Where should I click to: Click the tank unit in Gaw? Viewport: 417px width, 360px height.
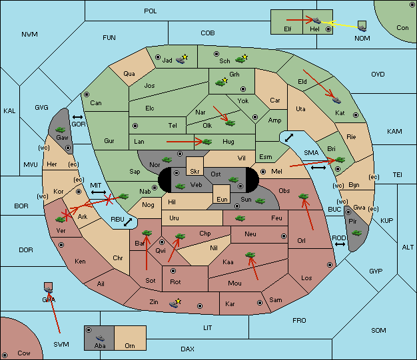61,130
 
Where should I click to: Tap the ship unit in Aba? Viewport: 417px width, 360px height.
101,338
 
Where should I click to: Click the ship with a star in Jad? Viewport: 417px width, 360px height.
182,59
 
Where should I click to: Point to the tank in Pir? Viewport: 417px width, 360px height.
356,233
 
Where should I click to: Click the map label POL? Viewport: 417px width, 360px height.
151,11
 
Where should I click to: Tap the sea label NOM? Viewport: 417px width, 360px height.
362,39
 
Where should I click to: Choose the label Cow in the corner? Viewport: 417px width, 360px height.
24,353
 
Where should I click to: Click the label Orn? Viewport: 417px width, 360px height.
130,345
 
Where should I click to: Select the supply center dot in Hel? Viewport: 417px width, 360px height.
328,29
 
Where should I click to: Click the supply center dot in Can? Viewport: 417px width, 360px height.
87,94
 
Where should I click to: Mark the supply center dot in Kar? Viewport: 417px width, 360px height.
260,303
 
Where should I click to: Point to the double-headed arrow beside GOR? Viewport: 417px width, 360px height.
77,117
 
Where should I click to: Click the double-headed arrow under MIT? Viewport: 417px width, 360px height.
99,192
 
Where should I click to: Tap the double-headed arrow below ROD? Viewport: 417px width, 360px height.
340,244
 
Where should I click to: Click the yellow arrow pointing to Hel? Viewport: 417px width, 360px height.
340,25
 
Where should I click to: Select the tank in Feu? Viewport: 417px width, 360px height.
240,218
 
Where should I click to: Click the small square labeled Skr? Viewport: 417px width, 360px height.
195,166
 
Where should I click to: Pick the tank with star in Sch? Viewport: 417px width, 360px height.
242,59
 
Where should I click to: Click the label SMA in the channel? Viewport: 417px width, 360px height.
311,153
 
